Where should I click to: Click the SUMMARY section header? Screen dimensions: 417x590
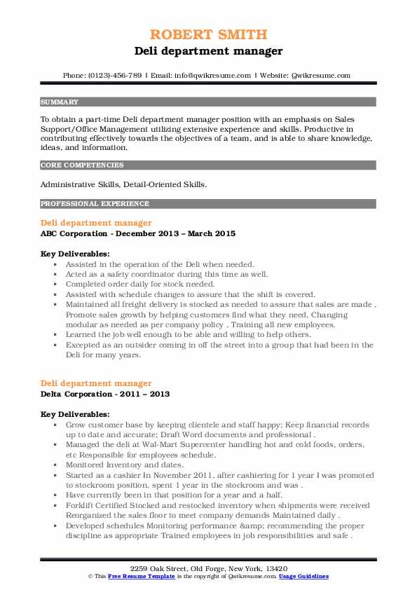(60, 102)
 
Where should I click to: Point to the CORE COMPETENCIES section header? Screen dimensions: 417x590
(82, 165)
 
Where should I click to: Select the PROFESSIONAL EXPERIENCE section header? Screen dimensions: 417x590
(95, 204)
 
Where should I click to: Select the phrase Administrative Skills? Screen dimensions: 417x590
(76, 184)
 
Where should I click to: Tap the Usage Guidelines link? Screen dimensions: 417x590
(304, 576)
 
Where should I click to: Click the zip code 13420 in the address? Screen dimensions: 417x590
(274, 567)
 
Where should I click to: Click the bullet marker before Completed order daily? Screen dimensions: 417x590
(56, 285)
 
